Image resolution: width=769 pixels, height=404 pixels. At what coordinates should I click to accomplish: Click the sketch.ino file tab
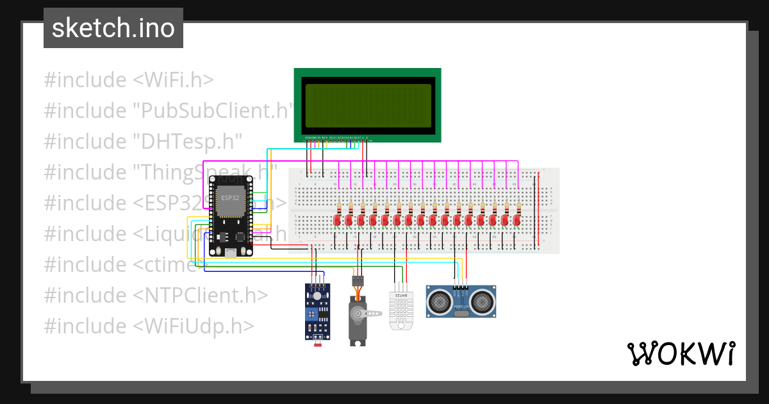[113, 28]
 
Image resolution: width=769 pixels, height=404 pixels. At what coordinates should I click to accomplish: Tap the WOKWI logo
[681, 353]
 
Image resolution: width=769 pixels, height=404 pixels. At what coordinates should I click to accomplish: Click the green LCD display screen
[367, 105]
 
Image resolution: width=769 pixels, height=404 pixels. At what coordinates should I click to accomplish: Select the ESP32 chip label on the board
[230, 198]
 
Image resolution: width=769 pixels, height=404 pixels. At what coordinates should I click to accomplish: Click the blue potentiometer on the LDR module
[312, 314]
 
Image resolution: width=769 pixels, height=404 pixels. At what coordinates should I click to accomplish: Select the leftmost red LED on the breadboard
[337, 220]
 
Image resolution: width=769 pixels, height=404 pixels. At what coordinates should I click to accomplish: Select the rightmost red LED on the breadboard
[517, 220]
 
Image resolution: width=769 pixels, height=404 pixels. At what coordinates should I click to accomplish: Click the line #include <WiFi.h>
[129, 80]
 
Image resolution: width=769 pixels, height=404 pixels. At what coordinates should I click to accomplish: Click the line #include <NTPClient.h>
[156, 295]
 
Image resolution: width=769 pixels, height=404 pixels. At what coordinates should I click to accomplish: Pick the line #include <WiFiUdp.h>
[149, 326]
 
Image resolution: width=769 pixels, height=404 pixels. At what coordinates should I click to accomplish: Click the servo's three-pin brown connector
[358, 280]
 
